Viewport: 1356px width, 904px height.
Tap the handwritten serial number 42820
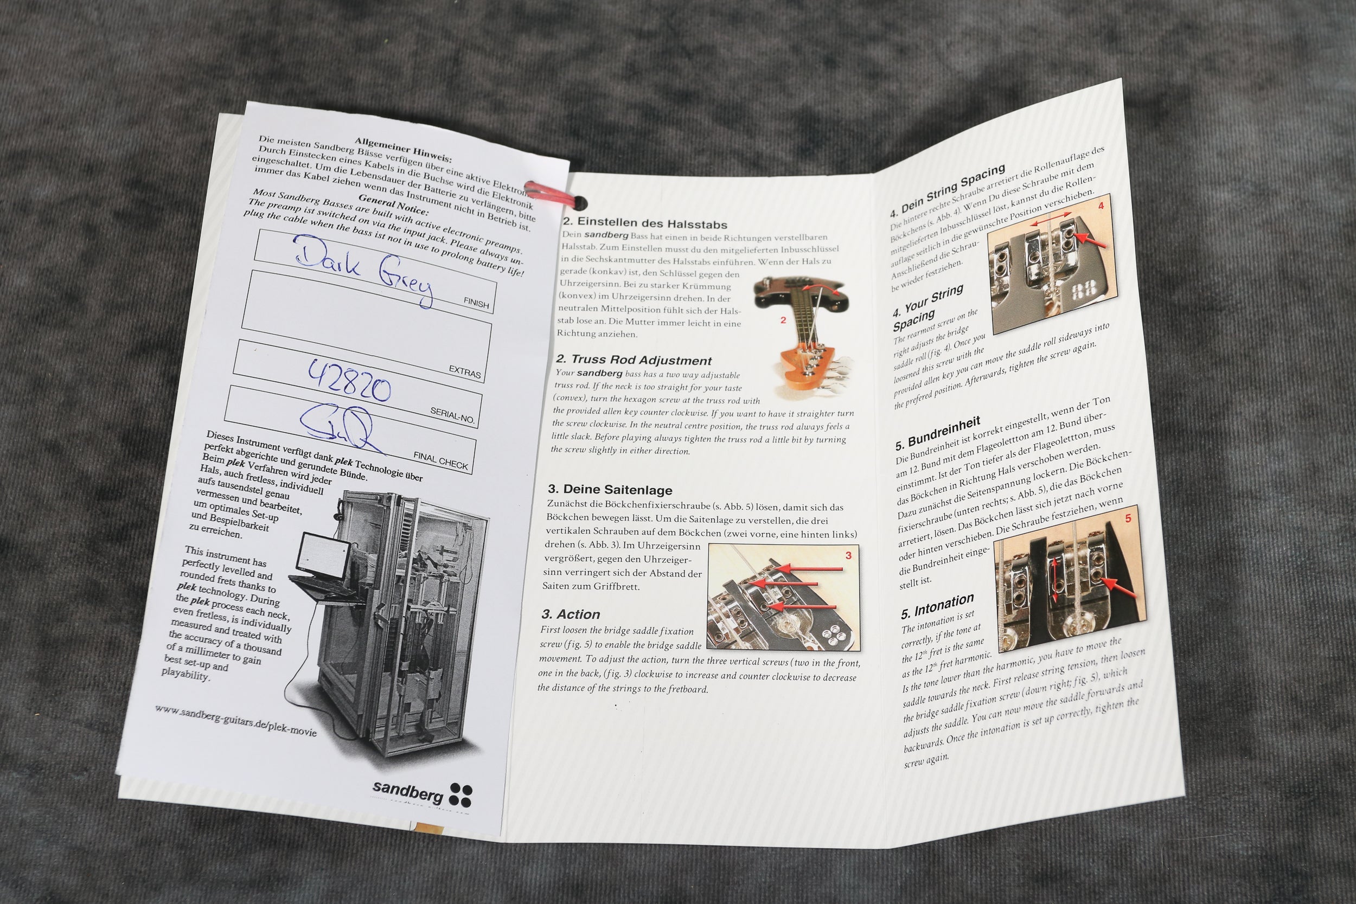click(x=349, y=381)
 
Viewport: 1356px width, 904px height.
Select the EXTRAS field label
click(x=465, y=373)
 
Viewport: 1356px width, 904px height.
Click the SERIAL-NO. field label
click(x=452, y=415)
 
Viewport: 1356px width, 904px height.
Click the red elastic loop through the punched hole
click(x=551, y=194)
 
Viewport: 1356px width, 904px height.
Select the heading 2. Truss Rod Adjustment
click(x=634, y=360)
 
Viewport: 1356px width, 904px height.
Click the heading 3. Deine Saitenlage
click(x=610, y=490)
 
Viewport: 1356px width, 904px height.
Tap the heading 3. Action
click(x=571, y=614)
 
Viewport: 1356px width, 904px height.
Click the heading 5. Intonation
click(x=937, y=606)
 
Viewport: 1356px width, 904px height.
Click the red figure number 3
click(x=848, y=556)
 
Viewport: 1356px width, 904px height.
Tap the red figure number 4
click(x=1101, y=205)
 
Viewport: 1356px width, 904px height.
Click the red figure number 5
click(x=1128, y=519)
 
